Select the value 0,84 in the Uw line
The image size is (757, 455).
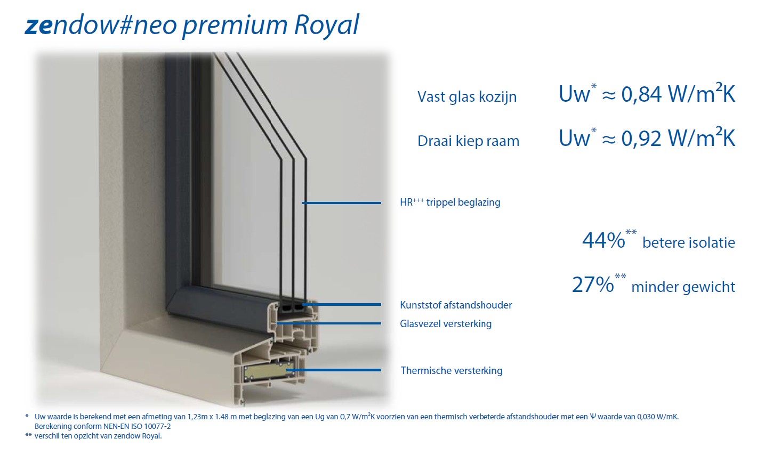tap(641, 94)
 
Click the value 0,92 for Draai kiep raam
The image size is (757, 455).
tap(641, 139)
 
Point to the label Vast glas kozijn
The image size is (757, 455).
tap(467, 96)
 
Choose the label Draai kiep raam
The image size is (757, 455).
tap(469, 141)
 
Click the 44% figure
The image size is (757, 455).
tap(603, 240)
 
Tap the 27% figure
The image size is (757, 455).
tap(592, 285)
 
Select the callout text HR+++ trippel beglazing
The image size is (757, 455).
tap(450, 202)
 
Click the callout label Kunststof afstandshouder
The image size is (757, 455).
tap(456, 305)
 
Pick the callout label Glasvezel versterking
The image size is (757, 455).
tap(446, 323)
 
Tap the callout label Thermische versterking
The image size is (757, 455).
tap(452, 370)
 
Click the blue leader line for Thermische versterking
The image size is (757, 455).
tap(334, 370)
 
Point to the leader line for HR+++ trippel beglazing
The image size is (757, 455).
tap(342, 203)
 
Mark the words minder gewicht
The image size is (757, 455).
tap(683, 287)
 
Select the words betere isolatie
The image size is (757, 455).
tap(689, 242)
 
